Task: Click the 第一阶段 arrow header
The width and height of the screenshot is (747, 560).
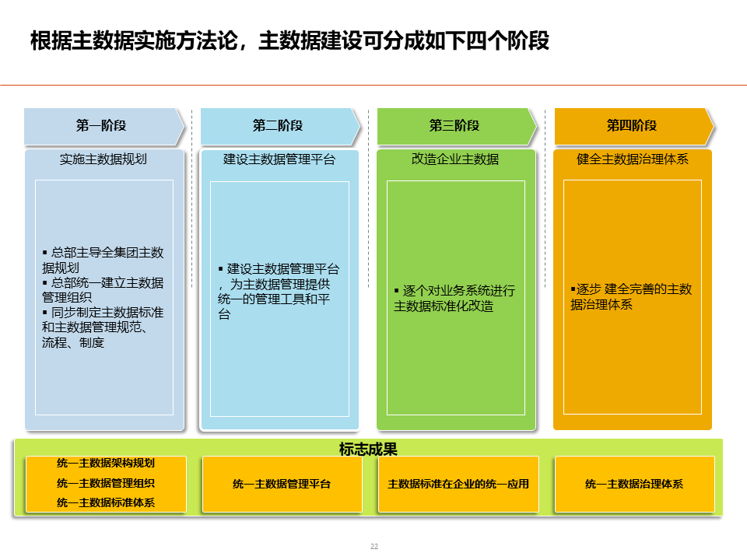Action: click(x=101, y=126)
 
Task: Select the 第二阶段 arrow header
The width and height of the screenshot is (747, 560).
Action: click(x=278, y=126)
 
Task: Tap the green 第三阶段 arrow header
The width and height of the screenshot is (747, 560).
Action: click(x=454, y=126)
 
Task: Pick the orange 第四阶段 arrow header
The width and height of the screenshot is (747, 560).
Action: click(x=632, y=126)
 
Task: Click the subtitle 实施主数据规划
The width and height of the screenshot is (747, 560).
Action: click(x=103, y=159)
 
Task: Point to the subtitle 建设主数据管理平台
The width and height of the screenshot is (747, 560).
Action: click(x=279, y=159)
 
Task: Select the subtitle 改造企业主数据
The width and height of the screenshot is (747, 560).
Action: click(x=455, y=159)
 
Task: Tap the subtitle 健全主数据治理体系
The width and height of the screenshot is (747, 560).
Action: click(x=633, y=159)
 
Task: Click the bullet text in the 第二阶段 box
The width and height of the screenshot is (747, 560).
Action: click(x=279, y=292)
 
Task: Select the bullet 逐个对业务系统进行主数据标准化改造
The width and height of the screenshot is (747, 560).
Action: click(x=454, y=298)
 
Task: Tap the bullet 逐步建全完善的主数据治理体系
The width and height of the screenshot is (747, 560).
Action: click(x=631, y=296)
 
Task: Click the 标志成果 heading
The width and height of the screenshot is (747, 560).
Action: click(x=368, y=449)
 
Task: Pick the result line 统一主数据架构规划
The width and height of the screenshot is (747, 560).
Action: click(x=106, y=464)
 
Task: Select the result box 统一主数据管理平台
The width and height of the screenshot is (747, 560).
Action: click(x=282, y=484)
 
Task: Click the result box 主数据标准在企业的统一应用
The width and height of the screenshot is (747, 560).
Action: click(x=458, y=484)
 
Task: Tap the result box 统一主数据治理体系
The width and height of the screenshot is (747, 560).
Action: click(x=634, y=484)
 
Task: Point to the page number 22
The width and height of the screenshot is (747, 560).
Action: click(x=373, y=547)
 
